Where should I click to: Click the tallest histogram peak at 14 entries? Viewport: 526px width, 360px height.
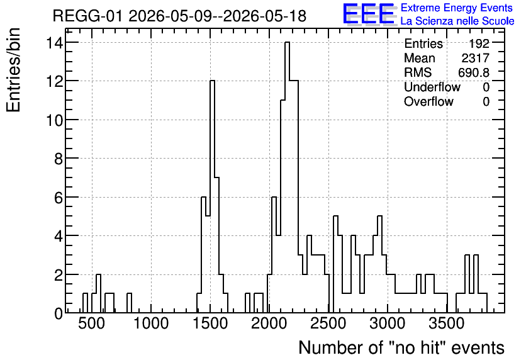(x=287, y=42)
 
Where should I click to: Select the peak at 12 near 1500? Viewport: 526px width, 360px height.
(x=212, y=81)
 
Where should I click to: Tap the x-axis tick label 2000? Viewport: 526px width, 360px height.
(x=269, y=323)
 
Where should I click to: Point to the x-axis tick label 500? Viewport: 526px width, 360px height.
(x=92, y=323)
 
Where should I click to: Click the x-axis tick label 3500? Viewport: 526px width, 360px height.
(x=447, y=323)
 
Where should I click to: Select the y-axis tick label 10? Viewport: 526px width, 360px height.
(x=54, y=120)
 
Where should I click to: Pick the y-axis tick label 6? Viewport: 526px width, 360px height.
(x=59, y=197)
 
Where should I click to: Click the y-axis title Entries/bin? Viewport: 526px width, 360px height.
(x=14, y=70)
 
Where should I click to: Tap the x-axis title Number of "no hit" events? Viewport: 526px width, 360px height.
(x=401, y=347)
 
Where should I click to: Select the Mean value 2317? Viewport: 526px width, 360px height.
(x=475, y=58)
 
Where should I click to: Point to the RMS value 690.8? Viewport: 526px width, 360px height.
(x=473, y=72)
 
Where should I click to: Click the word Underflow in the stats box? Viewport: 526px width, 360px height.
(x=432, y=87)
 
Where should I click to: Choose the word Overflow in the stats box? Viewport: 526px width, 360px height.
(x=428, y=101)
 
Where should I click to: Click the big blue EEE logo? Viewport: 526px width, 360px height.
(x=369, y=14)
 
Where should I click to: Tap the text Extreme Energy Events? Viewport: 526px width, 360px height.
(x=457, y=8)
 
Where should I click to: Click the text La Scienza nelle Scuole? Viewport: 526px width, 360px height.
(x=457, y=21)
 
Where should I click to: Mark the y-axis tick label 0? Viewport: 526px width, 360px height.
(x=59, y=313)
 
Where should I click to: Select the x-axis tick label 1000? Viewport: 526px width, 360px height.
(x=150, y=323)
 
